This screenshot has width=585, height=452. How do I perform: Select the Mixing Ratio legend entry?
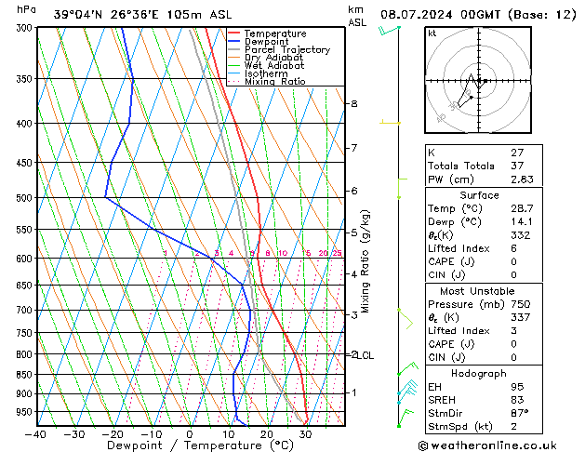274,82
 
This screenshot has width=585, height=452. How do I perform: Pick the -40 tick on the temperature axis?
36,433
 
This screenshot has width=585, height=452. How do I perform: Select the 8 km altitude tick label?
353,103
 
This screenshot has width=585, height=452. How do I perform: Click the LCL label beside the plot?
366,355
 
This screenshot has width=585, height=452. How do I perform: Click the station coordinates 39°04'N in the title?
78,14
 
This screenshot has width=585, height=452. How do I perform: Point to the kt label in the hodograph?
432,33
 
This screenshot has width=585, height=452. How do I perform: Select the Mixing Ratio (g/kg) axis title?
366,261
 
